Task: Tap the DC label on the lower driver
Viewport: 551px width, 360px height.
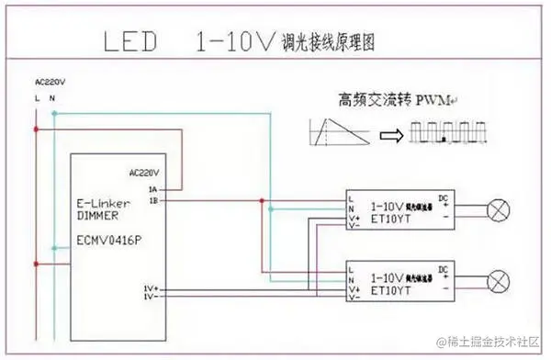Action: (444, 267)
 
